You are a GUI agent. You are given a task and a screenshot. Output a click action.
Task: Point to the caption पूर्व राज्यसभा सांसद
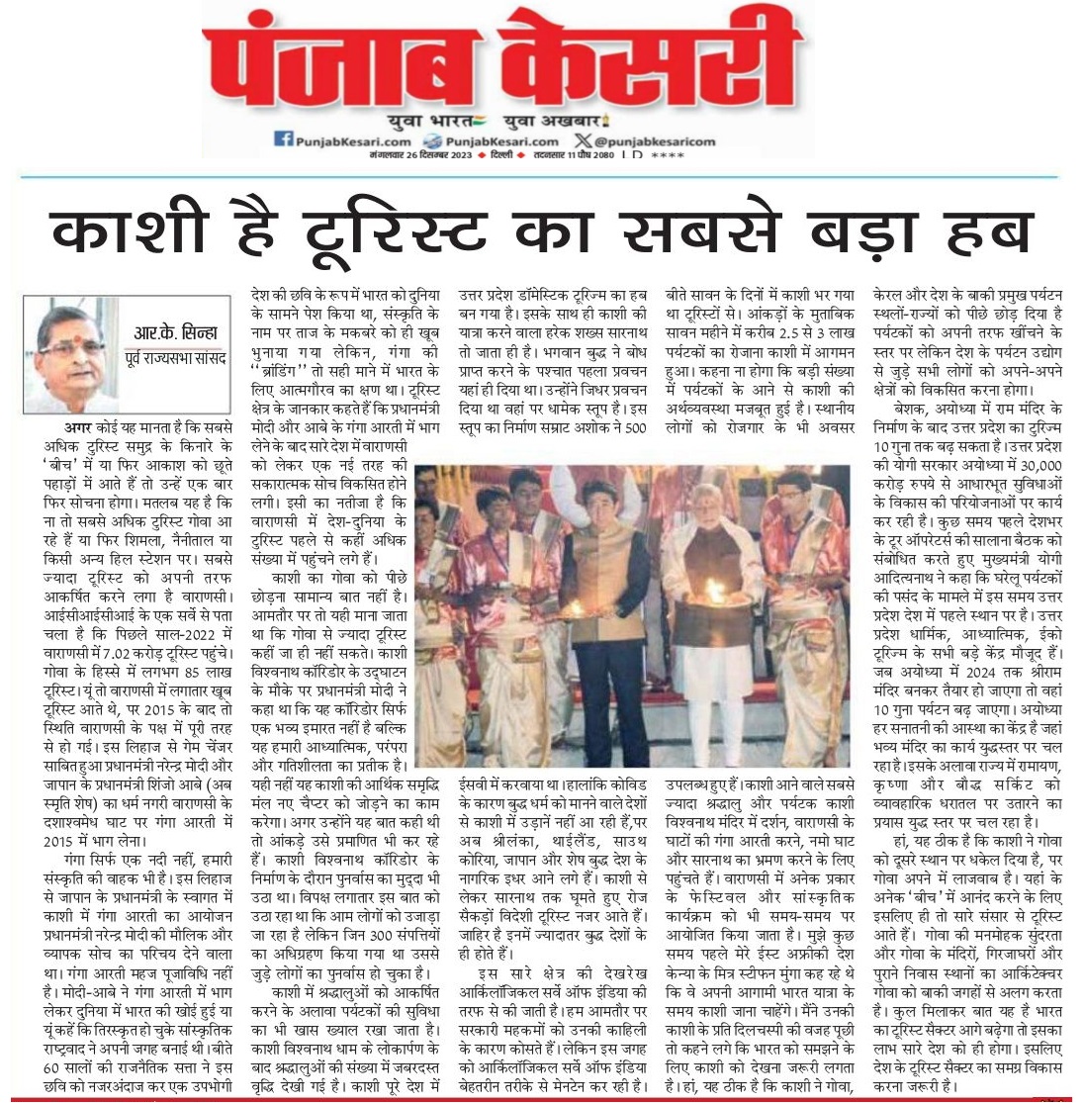tap(181, 357)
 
